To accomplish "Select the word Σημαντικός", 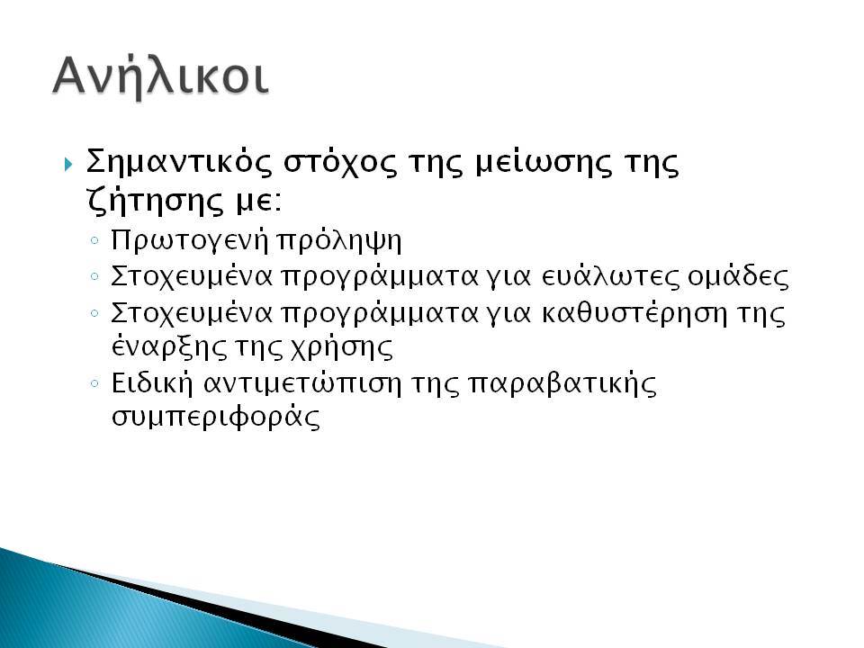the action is (x=179, y=163).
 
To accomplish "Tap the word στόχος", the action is (x=340, y=164).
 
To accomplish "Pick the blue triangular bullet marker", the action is (x=68, y=164).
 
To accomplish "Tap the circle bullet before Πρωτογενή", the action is (x=94, y=240).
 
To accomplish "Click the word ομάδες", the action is (x=738, y=276).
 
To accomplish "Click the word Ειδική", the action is (x=151, y=383).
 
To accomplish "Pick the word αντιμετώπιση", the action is (x=302, y=383).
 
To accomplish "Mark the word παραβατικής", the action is (x=562, y=384).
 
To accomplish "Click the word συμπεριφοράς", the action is (x=215, y=418).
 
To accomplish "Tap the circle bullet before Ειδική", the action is (x=94, y=382).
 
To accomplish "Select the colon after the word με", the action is (x=277, y=204).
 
